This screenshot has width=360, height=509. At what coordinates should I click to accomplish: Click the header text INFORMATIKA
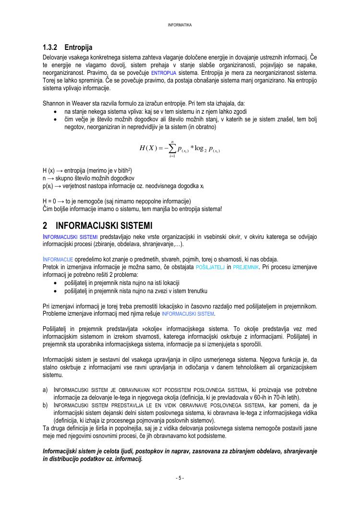180,25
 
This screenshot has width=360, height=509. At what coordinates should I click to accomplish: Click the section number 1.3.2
50,47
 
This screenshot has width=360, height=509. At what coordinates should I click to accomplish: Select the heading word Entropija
78,47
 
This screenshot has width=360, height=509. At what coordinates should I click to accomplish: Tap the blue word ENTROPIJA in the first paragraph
165,73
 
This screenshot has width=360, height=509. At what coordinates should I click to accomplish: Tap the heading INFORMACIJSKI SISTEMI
104,225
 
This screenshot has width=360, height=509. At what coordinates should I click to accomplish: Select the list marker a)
46,390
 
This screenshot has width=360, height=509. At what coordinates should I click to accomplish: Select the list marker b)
46,405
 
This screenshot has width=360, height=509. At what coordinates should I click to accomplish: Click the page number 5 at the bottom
180,478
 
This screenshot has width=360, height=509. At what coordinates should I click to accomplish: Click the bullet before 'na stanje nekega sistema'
58,112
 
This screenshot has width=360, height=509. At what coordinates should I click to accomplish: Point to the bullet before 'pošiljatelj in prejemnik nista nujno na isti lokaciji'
58,283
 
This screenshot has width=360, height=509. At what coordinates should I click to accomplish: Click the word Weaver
85,104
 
